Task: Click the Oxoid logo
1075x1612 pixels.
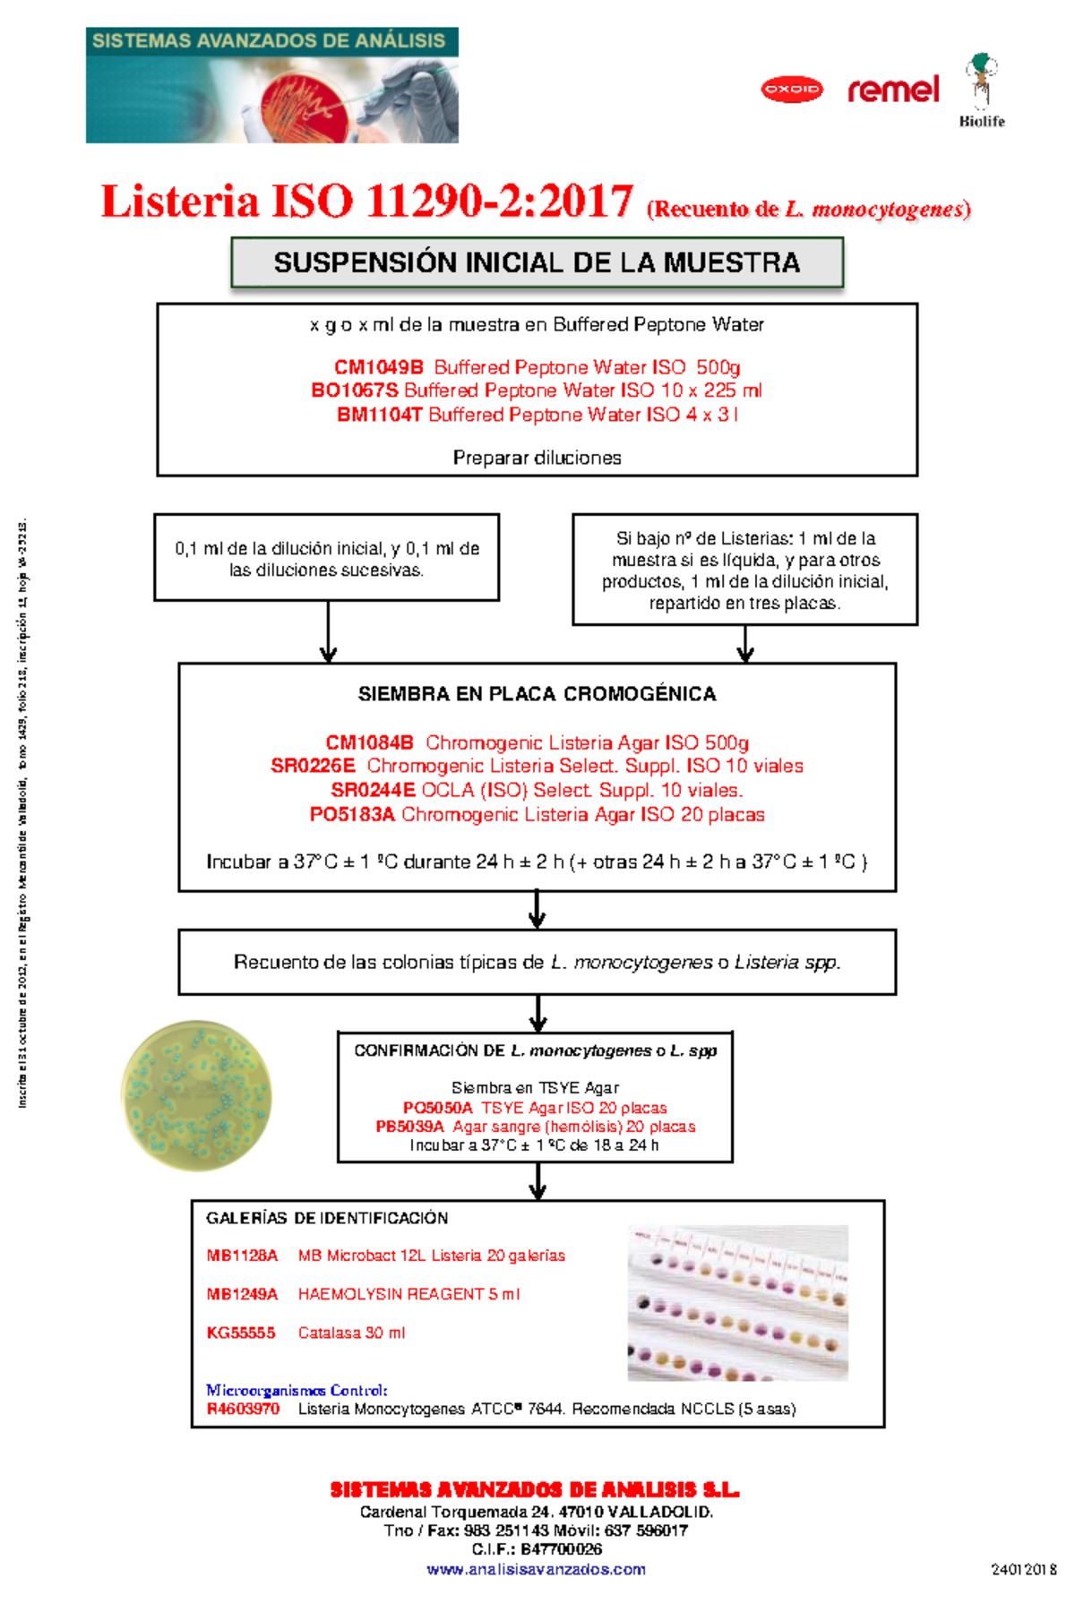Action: coord(791,90)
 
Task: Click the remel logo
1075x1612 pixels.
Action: coord(893,90)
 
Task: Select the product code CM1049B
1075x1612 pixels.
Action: coord(378,367)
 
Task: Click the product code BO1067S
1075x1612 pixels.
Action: coord(355,390)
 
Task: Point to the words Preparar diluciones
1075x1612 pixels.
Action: coord(537,458)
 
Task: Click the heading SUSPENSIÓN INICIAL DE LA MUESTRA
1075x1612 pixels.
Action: coord(537,262)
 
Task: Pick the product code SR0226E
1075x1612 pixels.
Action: coord(313,766)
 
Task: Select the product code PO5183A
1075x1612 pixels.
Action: coord(352,814)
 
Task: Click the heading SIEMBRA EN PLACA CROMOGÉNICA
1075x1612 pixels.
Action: coord(537,694)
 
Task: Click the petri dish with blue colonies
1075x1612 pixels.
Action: coord(195,1095)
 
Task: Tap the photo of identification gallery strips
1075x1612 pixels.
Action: coord(737,1303)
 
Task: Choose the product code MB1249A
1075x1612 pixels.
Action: coord(242,1294)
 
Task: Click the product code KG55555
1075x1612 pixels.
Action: coord(240,1333)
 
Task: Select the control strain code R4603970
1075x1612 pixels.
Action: coord(243,1409)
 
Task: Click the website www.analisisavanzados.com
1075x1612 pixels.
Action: coord(536,1569)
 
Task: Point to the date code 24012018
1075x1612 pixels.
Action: coord(1023,1569)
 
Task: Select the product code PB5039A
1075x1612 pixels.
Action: coord(409,1127)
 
